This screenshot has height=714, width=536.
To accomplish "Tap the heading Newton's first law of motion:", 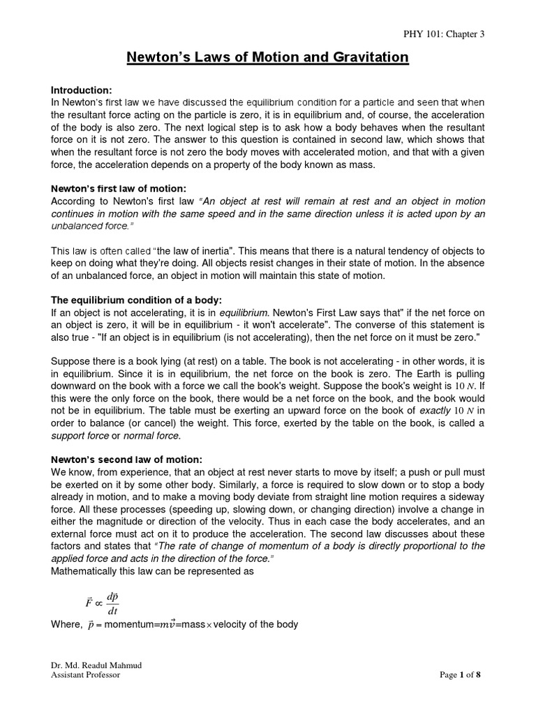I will [117, 190].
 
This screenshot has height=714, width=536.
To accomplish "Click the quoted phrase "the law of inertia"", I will [200, 250].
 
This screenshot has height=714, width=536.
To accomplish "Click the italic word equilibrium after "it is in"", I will [244, 312].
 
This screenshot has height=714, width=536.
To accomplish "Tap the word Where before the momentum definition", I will [66, 625].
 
